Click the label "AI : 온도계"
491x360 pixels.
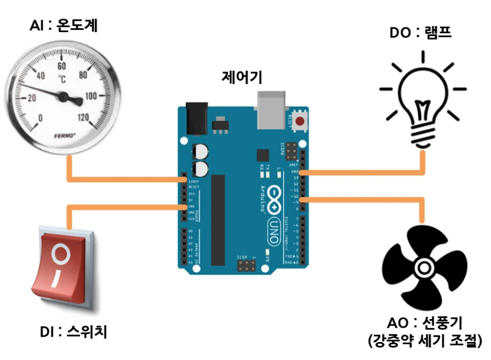[x=63, y=25]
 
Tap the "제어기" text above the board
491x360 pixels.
[x=242, y=77]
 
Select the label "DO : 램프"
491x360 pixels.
[x=421, y=33]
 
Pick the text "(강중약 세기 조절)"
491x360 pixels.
[x=426, y=342]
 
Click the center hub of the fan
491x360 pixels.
[x=423, y=268]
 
